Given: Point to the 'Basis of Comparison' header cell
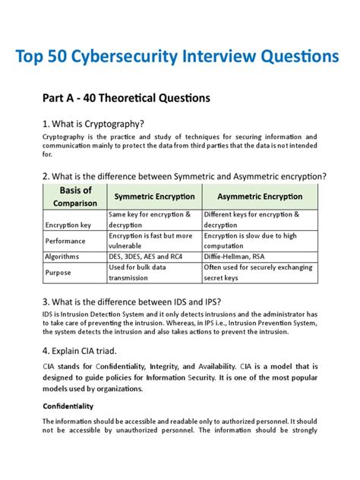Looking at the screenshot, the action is point(75,196).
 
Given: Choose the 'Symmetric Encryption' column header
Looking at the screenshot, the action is point(154,197).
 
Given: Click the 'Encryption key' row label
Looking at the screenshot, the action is point(68,226).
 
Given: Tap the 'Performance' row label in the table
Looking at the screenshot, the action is point(66,241).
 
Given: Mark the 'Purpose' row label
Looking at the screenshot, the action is point(58,272).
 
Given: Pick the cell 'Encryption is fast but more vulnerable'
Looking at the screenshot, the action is point(150,241).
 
